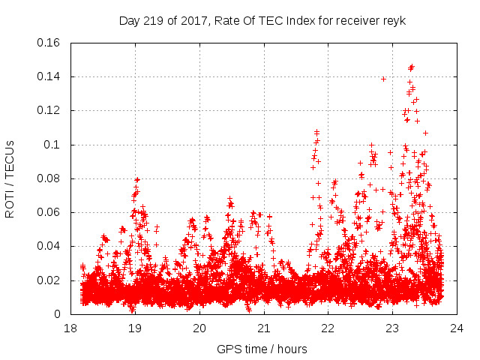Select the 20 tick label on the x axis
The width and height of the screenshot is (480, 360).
[x=199, y=328]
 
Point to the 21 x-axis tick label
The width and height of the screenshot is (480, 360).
[x=264, y=328]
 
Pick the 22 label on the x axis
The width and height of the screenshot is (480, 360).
[x=328, y=328]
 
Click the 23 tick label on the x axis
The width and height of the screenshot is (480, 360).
[x=392, y=328]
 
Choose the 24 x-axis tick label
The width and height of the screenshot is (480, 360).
[x=456, y=328]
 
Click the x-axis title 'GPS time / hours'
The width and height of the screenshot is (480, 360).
[x=263, y=349]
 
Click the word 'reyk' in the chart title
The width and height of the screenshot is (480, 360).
[x=394, y=20]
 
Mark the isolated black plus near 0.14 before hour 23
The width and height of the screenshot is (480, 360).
[x=383, y=79]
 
